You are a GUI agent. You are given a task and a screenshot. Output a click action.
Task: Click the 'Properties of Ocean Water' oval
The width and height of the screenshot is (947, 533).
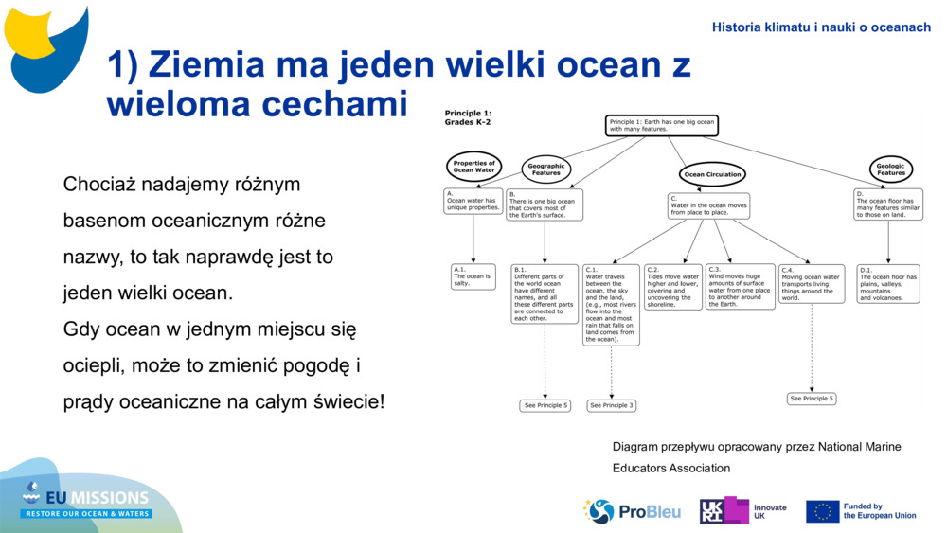click(473, 167)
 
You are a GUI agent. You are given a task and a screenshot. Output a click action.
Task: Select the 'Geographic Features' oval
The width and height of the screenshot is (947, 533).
click(545, 169)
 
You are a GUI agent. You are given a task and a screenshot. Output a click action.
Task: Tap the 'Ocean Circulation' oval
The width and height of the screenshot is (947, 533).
click(712, 174)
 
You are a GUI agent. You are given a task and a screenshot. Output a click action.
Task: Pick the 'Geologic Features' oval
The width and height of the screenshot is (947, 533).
click(890, 169)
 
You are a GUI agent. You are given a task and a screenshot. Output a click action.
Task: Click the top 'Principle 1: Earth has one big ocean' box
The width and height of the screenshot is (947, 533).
click(661, 125)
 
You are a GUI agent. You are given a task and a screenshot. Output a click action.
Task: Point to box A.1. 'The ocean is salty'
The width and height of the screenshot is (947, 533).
click(473, 276)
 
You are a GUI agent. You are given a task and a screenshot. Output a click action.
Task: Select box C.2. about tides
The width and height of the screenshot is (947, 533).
click(673, 287)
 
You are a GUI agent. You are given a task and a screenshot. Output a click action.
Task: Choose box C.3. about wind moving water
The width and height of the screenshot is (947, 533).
click(740, 287)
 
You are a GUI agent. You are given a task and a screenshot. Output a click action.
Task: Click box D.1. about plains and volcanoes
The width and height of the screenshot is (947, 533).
click(887, 283)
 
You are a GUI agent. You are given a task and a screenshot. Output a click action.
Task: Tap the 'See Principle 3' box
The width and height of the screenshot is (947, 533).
click(611, 405)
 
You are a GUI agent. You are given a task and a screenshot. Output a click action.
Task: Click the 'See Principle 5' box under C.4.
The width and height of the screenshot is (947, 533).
click(812, 399)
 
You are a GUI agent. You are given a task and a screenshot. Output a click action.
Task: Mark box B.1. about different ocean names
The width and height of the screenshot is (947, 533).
click(545, 293)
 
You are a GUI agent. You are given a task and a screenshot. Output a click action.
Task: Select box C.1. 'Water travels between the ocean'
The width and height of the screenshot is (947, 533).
click(611, 304)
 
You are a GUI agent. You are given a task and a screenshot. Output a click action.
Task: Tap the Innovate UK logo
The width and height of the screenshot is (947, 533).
click(743, 511)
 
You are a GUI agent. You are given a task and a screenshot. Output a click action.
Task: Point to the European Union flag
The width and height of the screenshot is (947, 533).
click(822, 511)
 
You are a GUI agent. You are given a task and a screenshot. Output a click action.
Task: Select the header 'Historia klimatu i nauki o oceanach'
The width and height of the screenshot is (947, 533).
click(821, 27)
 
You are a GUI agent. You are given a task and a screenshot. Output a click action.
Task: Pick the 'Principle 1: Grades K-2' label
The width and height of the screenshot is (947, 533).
click(469, 117)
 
